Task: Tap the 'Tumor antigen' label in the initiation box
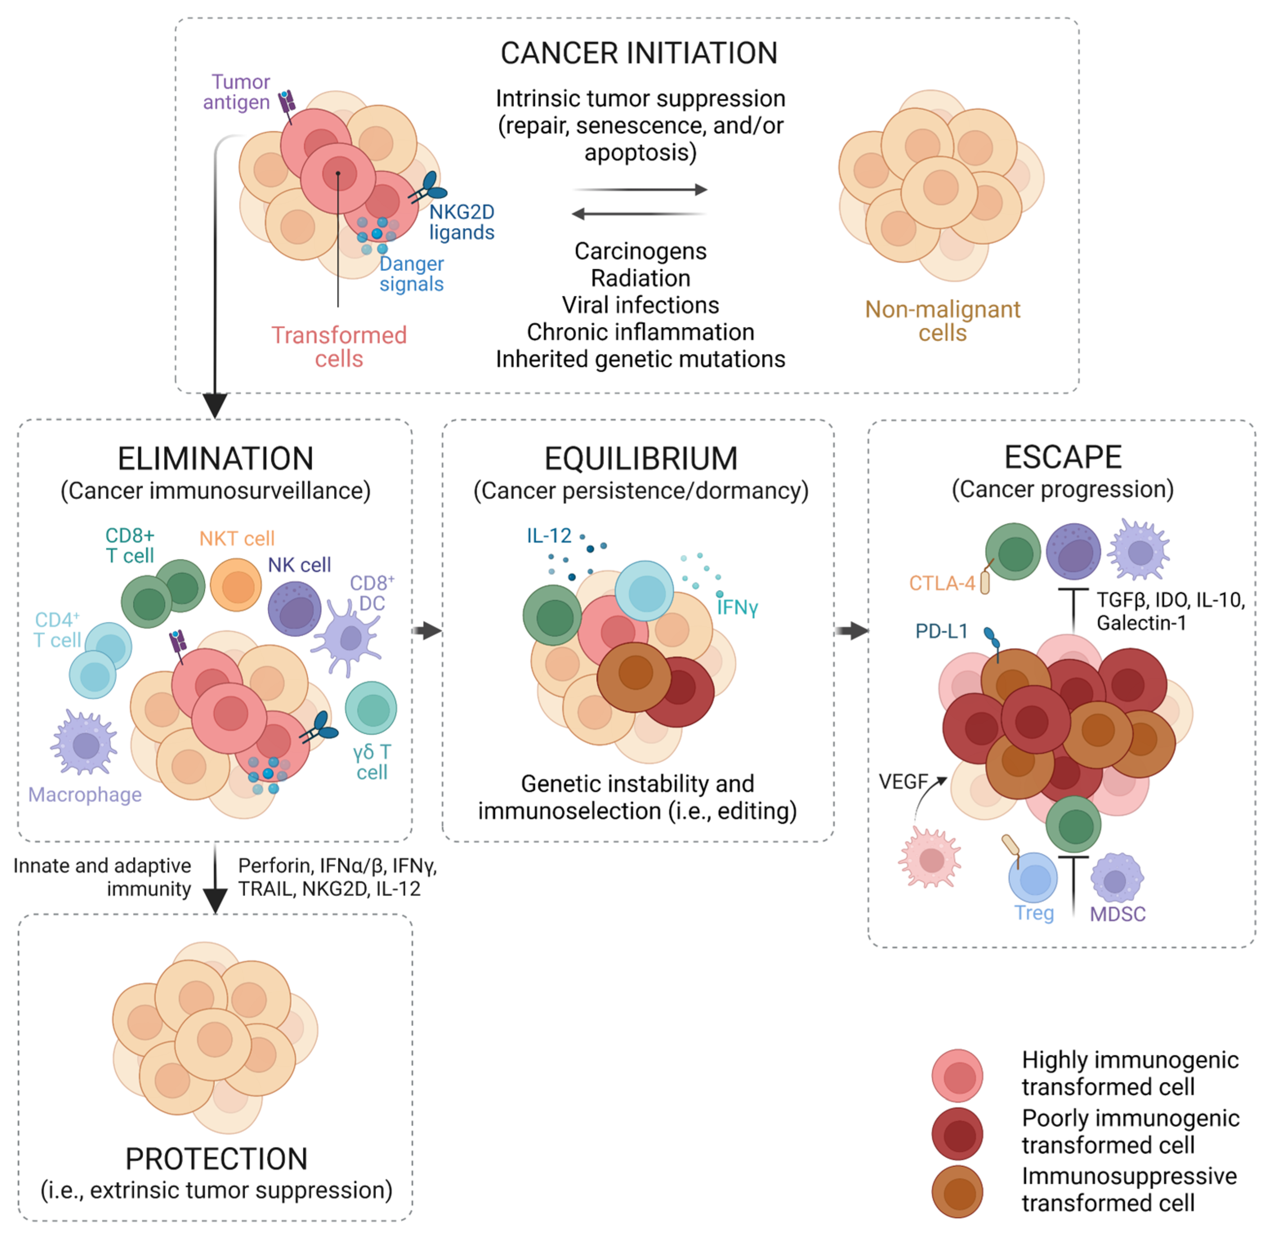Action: click(x=237, y=92)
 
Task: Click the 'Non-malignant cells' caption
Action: click(x=942, y=321)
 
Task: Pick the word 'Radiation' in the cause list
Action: click(x=640, y=278)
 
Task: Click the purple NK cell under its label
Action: click(x=295, y=609)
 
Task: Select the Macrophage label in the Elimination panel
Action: click(x=85, y=795)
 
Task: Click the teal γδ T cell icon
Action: click(x=370, y=708)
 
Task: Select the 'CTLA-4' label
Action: click(x=942, y=583)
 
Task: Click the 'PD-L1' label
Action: click(x=941, y=632)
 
